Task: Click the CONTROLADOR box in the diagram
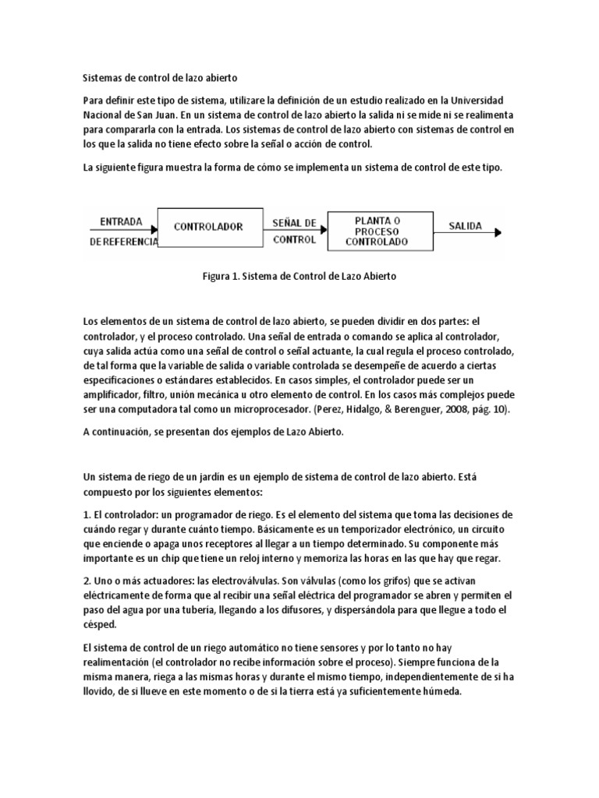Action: pyautogui.click(x=208, y=228)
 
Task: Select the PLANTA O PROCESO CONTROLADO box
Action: pyautogui.click(x=377, y=231)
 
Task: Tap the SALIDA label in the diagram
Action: pyautogui.click(x=465, y=227)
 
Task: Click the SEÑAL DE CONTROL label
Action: pyautogui.click(x=295, y=231)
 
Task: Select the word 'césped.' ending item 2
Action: pyautogui.click(x=100, y=624)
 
